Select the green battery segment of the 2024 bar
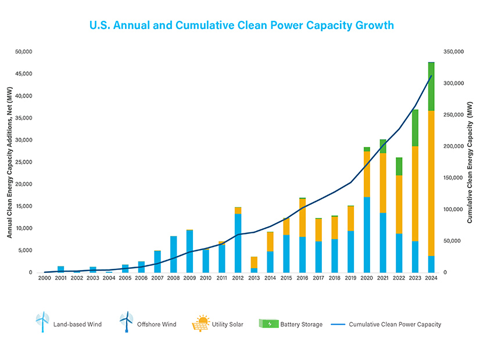pyautogui.click(x=431, y=87)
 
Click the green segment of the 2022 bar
pyautogui.click(x=399, y=167)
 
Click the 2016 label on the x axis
pyautogui.click(x=302, y=279)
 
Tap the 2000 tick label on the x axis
pyautogui.click(x=45, y=279)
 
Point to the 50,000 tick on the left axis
pyautogui.click(x=24, y=52)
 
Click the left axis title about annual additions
pyautogui.click(x=9, y=162)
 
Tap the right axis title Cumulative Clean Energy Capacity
pyautogui.click(x=470, y=163)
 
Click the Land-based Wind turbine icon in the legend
pyautogui.click(x=42, y=322)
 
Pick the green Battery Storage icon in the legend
pyautogui.click(x=268, y=323)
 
